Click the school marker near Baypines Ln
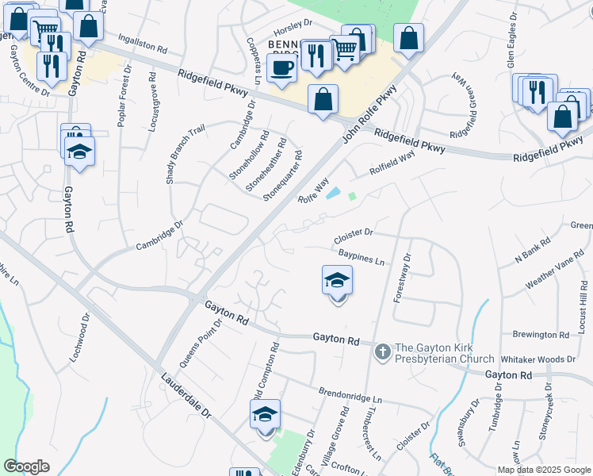click(x=337, y=282)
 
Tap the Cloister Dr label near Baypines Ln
click(x=353, y=233)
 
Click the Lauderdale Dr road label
click(x=186, y=400)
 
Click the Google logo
click(x=26, y=466)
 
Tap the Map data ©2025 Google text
click(x=543, y=470)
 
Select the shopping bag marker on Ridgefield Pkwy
click(x=323, y=101)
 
